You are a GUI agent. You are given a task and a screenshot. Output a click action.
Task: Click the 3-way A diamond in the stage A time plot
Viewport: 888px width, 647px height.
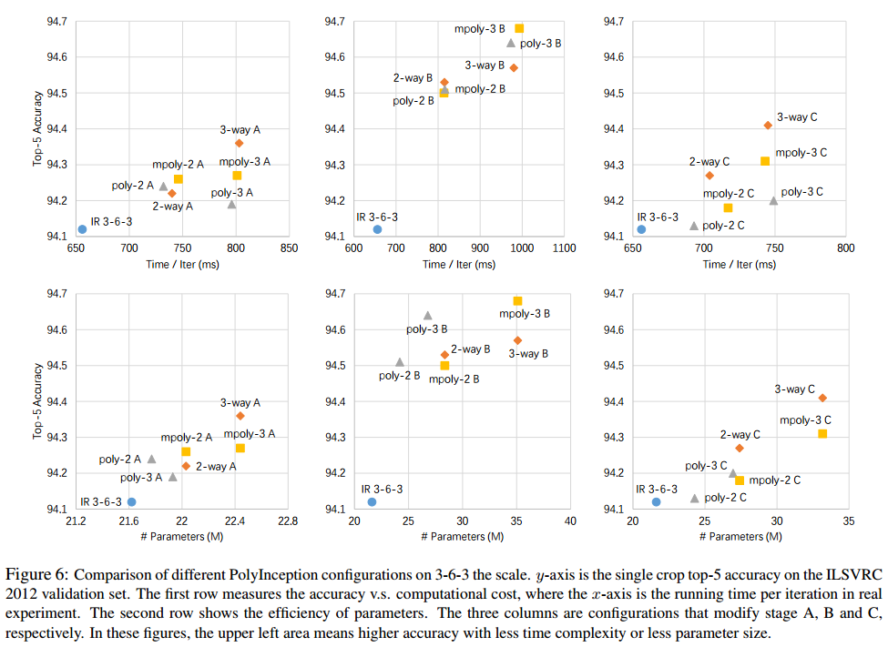(x=240, y=143)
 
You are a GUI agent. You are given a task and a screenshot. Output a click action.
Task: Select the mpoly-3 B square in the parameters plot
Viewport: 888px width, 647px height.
(x=517, y=300)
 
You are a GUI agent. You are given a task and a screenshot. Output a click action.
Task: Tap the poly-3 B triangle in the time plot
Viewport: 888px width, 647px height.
(x=511, y=43)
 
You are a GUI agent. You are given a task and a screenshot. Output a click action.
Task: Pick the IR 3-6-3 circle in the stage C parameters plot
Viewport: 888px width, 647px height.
(x=656, y=501)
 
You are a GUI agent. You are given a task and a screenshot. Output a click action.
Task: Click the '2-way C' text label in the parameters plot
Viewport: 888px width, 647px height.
(x=740, y=435)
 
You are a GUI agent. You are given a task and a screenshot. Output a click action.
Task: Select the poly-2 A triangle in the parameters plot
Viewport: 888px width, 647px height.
(x=151, y=459)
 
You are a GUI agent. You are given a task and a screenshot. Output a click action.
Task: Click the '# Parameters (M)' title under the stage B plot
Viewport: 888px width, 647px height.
(x=463, y=537)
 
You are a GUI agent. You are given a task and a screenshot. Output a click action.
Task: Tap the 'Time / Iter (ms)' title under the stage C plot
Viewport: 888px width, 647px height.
(x=740, y=264)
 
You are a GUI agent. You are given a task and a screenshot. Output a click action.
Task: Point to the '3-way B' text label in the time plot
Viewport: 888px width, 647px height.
(x=485, y=66)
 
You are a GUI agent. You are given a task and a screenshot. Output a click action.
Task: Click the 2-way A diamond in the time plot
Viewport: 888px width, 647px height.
(x=171, y=193)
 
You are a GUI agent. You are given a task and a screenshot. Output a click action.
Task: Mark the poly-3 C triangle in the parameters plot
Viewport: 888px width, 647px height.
(x=732, y=473)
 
